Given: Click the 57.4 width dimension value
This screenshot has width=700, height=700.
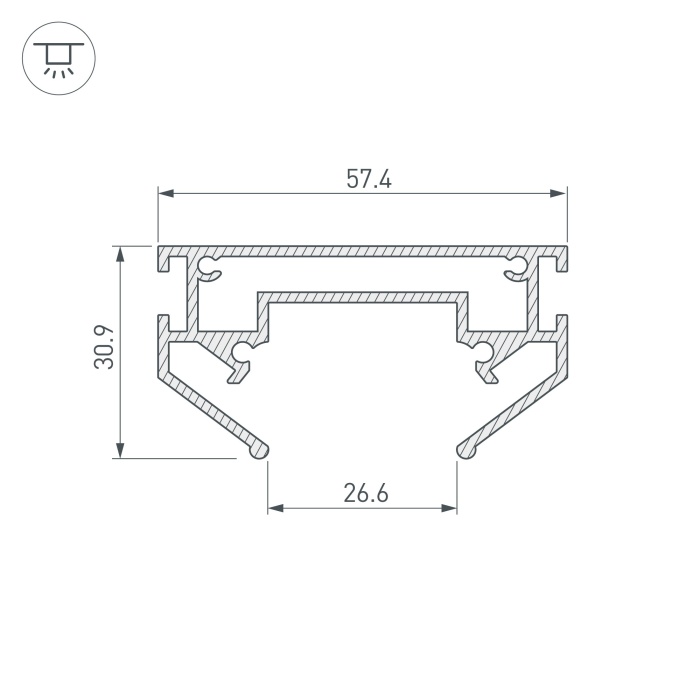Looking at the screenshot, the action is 369,179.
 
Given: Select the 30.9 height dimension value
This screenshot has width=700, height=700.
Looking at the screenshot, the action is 104,347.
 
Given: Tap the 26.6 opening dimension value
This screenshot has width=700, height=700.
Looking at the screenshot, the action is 366,493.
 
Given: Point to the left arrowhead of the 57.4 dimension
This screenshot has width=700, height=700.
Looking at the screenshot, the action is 166,193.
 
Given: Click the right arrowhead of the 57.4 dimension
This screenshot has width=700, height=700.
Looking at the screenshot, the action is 559,193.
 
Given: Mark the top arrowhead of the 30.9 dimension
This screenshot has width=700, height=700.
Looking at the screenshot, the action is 120,254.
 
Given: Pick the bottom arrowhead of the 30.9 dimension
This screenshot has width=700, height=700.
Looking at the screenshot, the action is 120,450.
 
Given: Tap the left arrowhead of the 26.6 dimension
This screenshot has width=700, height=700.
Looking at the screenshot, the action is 275,508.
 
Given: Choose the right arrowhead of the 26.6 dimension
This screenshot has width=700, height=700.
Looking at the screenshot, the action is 449,508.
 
